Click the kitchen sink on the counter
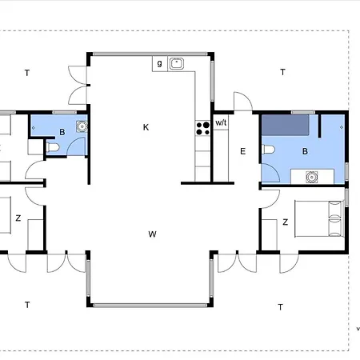tap(177, 64)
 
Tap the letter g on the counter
tap(159, 63)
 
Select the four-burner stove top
tap(202, 128)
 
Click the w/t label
tap(221, 122)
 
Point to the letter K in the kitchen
tap(146, 127)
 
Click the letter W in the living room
tap(152, 234)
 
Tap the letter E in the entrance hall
tap(242, 151)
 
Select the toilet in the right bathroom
tap(269, 150)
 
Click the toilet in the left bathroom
tap(53, 147)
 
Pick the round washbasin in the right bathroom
tap(311, 177)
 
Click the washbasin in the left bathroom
tap(82, 126)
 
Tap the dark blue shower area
tap(286, 125)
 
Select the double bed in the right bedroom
tap(318, 219)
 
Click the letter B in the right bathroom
tap(305, 151)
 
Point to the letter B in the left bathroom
tap(62, 132)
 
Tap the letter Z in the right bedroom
tap(286, 222)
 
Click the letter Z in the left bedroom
tap(18, 218)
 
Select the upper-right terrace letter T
tap(282, 72)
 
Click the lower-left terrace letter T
tap(27, 305)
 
